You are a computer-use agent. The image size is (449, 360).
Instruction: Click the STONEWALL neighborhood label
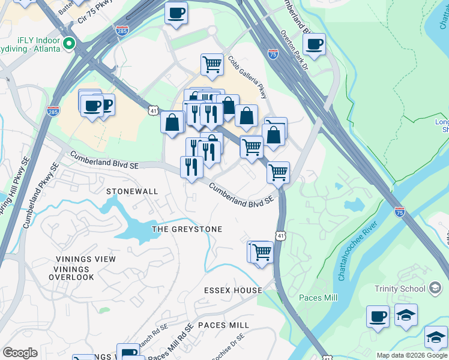click(x=132, y=191)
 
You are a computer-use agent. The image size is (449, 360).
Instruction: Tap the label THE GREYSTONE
click(x=187, y=229)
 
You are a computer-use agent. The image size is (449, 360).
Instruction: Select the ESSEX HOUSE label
click(x=233, y=290)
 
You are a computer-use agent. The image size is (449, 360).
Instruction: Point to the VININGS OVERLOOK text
click(x=71, y=277)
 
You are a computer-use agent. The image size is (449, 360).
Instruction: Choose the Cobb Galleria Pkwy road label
click(x=246, y=78)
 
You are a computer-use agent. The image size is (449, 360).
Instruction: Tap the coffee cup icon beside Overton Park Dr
click(x=314, y=43)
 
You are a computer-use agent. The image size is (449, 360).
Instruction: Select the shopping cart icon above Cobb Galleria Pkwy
click(x=212, y=64)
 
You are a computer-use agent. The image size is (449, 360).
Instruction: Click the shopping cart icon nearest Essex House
click(x=261, y=251)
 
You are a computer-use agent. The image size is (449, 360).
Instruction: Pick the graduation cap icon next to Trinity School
click(x=406, y=315)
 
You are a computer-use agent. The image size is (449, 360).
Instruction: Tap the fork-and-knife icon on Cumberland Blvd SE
click(x=191, y=166)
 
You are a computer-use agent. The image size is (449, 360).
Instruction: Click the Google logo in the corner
click(x=20, y=353)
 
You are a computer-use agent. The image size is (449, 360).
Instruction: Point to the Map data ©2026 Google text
click(x=412, y=355)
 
